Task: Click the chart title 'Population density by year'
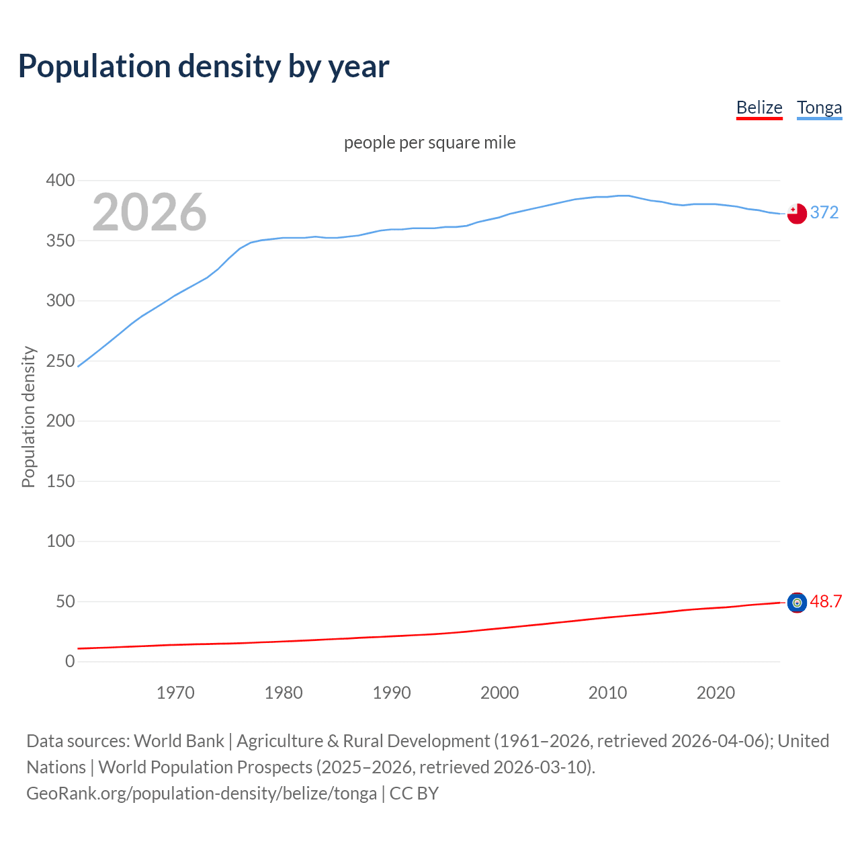click(x=204, y=67)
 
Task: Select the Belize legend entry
click(x=759, y=108)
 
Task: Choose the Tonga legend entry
click(x=819, y=108)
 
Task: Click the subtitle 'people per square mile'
click(x=430, y=143)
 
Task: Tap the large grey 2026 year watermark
click(x=149, y=212)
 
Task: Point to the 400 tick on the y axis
click(x=60, y=181)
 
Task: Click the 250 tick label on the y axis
click(x=60, y=361)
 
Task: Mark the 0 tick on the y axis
click(x=70, y=662)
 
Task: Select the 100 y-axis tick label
click(x=60, y=542)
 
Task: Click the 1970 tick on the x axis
click(x=175, y=693)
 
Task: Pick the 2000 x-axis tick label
click(x=499, y=693)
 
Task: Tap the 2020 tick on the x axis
click(x=716, y=693)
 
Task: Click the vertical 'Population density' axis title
click(x=28, y=417)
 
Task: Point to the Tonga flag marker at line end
click(x=797, y=214)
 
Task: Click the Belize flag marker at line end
click(x=797, y=603)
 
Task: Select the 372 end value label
click(x=824, y=213)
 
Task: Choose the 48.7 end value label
click(x=826, y=602)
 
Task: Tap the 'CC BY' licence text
click(x=414, y=793)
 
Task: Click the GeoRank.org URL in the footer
click(x=202, y=793)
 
